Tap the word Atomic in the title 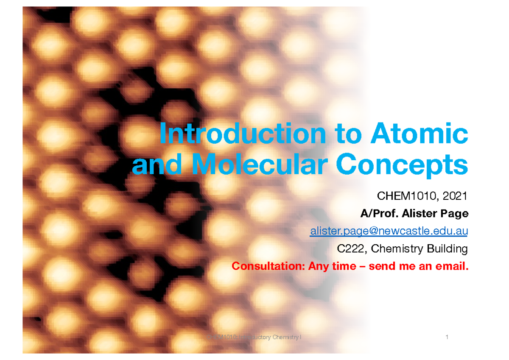pyautogui.click(x=420, y=135)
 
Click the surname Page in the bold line pyautogui.click(x=455, y=214)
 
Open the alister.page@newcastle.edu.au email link pyautogui.click(x=389, y=232)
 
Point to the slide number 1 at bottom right pyautogui.click(x=447, y=338)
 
